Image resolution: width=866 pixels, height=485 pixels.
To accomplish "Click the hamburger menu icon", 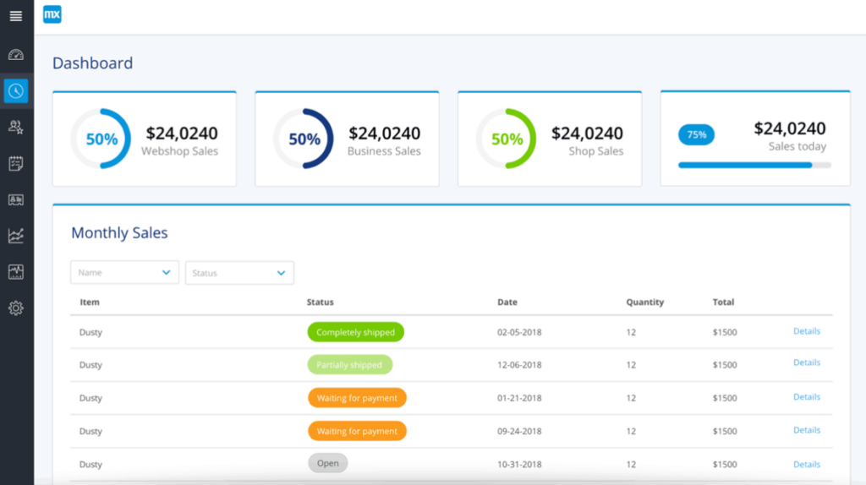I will [16, 16].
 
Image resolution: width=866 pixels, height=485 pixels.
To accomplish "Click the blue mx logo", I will [52, 14].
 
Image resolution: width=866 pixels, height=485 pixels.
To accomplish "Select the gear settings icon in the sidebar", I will [16, 308].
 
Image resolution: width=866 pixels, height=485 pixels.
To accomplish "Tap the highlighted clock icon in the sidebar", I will [16, 91].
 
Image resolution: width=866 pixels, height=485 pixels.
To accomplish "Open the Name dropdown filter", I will [124, 272].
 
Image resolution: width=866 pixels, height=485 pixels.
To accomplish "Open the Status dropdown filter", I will [239, 273].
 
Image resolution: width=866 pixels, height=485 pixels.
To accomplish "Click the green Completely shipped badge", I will [355, 332].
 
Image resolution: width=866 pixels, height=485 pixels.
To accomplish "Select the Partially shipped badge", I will [349, 365].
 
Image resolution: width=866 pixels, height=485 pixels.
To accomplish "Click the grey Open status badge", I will [327, 463].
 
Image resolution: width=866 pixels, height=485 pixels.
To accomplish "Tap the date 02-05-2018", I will [519, 332].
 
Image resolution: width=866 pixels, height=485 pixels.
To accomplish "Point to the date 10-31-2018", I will [519, 464].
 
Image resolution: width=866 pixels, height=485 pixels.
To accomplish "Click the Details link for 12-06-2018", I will [807, 362].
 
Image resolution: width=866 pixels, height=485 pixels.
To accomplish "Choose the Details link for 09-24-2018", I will [807, 430].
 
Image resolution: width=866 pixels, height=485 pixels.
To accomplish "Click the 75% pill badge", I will [696, 134].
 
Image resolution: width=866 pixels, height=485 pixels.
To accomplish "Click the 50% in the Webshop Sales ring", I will [101, 139].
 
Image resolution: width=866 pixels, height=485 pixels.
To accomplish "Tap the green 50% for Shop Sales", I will [507, 139].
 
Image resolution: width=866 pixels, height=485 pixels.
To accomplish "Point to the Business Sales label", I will [384, 151].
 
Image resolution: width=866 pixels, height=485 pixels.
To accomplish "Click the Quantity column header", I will [644, 302].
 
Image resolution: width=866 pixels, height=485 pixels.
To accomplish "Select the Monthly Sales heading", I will [119, 233].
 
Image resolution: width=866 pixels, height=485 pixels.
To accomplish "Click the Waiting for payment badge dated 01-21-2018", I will [357, 398].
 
